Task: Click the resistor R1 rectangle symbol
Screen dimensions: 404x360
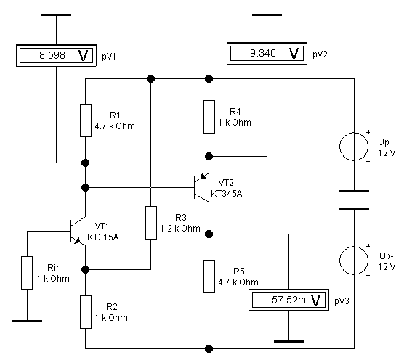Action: click(x=86, y=120)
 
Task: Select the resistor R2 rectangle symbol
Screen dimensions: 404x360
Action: click(x=86, y=312)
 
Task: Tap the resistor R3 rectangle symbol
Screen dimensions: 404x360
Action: click(x=151, y=223)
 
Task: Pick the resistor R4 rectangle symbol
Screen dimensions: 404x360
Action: click(x=209, y=117)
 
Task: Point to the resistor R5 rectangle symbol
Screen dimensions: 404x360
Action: click(x=209, y=277)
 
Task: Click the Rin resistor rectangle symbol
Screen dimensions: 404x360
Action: click(x=27, y=273)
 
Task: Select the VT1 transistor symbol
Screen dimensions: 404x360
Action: click(x=77, y=231)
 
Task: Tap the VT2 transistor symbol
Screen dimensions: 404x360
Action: click(x=201, y=187)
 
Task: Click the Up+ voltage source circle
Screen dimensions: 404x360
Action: click(x=354, y=147)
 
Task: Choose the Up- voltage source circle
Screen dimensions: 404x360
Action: click(x=354, y=261)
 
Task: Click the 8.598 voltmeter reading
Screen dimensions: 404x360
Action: click(x=52, y=55)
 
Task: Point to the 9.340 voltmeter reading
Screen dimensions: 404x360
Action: click(x=263, y=53)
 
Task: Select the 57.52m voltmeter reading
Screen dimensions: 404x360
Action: click(x=288, y=300)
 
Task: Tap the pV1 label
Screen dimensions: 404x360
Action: click(x=109, y=57)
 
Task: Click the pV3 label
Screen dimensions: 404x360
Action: click(x=342, y=300)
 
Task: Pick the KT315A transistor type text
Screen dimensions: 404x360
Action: click(x=102, y=237)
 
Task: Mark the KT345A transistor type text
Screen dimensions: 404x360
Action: click(x=226, y=194)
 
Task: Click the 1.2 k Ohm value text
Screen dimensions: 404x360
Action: click(x=180, y=228)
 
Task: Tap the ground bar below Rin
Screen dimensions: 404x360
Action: click(x=27, y=321)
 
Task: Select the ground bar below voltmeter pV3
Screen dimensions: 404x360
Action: click(x=288, y=341)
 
